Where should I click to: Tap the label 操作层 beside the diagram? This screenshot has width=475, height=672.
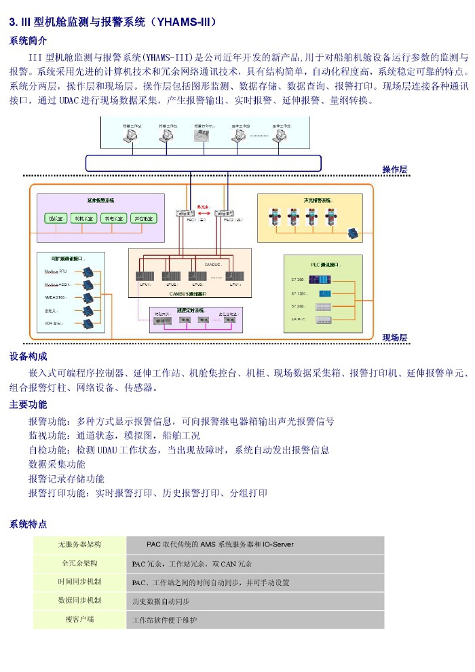[x=394, y=169]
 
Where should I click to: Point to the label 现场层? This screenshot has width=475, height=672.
[x=394, y=337]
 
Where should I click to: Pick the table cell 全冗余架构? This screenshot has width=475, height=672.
[x=79, y=563]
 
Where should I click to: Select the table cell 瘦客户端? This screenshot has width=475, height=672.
[x=79, y=619]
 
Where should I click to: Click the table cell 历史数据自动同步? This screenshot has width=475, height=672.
[x=160, y=601]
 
